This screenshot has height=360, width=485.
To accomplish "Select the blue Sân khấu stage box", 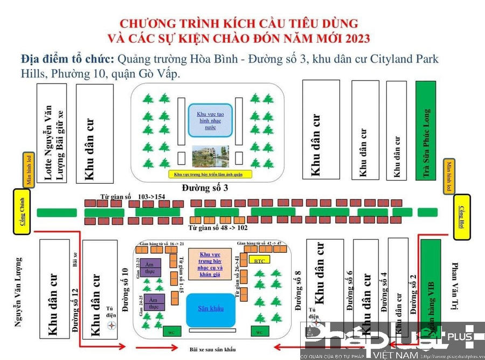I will point(210,309).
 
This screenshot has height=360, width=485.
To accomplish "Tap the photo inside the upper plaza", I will point(210,156).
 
